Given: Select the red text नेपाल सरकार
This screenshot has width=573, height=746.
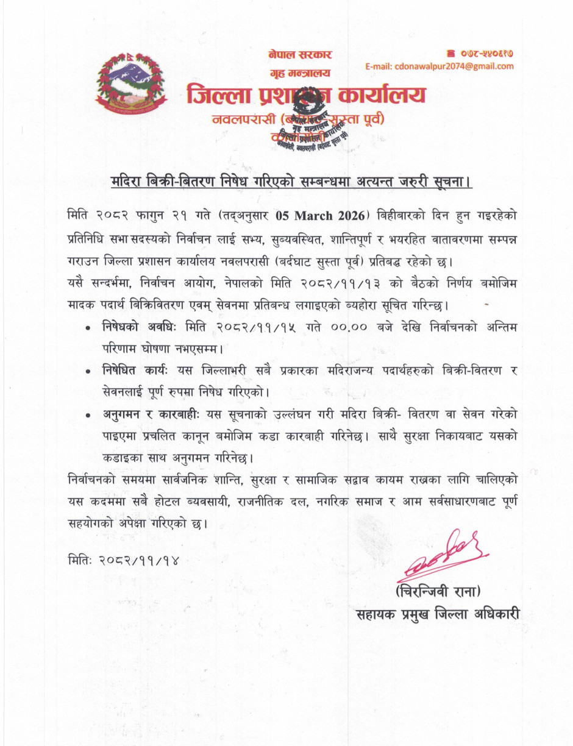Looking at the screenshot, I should tap(300, 55).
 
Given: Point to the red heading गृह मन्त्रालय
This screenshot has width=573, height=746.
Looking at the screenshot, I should tap(299, 73).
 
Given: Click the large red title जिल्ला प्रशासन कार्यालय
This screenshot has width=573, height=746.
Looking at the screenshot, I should tap(306, 96).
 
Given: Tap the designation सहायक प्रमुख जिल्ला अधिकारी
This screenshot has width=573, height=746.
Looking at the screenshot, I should tap(438, 614).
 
